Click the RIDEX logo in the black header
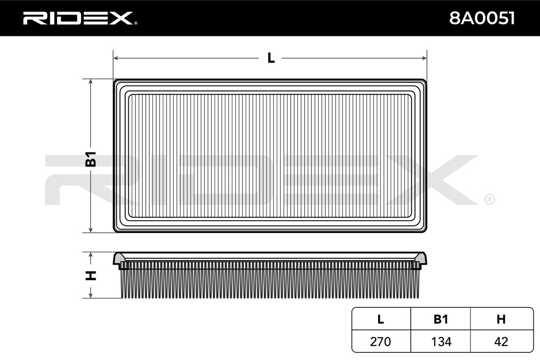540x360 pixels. (x=80, y=18)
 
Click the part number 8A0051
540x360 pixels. (x=482, y=18)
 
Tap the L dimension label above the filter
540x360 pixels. (x=271, y=58)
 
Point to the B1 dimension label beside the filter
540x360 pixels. (x=90, y=159)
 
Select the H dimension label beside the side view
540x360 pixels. (x=90, y=275)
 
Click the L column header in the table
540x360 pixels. (x=381, y=319)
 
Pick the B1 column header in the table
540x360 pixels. (x=441, y=319)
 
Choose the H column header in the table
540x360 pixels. (x=501, y=319)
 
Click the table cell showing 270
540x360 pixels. (x=380, y=342)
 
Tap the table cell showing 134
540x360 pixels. (x=441, y=342)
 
